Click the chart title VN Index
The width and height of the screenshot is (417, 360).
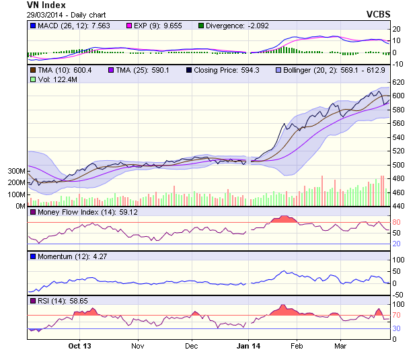coord(46,5)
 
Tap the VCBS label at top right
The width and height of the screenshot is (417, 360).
coord(379,14)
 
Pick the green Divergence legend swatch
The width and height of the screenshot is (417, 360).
coord(200,26)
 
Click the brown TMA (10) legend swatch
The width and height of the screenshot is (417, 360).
coord(32,70)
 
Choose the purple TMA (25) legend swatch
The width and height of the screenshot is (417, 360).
coord(112,70)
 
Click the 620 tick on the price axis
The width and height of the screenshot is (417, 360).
coord(398,82)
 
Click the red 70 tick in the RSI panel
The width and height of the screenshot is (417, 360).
coord(397,314)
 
